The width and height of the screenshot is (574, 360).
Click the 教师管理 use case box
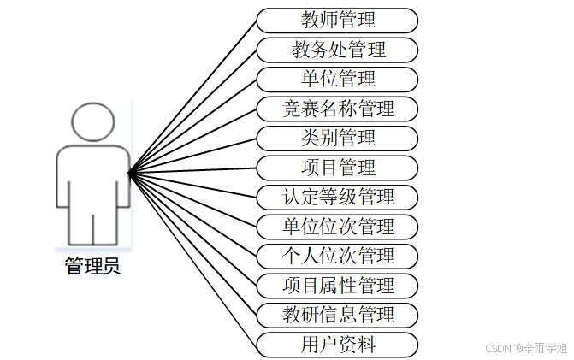point(337,20)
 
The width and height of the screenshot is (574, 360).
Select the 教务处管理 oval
point(337,50)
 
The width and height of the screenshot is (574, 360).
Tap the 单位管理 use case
point(337,80)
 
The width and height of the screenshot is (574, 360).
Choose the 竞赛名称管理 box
point(337,109)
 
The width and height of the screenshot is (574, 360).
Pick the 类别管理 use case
point(337,138)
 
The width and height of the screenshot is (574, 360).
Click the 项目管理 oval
point(337,168)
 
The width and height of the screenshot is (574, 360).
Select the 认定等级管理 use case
point(337,197)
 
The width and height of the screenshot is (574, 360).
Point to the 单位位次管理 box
point(337,227)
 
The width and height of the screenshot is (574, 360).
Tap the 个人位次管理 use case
point(337,256)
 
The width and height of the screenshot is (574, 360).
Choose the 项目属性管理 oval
point(337,286)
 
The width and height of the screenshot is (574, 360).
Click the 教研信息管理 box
point(337,315)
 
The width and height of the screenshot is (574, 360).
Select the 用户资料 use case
point(337,345)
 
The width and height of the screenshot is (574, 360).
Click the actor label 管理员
point(92,266)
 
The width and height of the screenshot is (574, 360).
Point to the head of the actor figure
point(92,123)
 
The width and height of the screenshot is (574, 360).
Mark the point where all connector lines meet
point(129,174)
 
